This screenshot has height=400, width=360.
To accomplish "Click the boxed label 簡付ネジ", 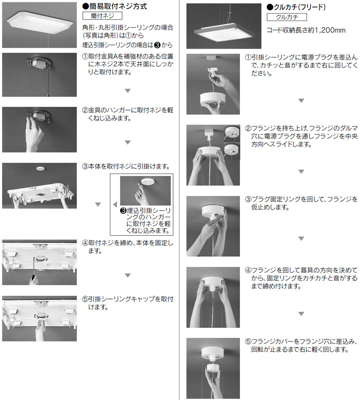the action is pos(102,16).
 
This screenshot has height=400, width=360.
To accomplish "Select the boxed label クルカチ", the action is pos(287,17).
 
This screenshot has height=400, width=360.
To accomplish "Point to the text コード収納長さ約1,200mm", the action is pos(306,30).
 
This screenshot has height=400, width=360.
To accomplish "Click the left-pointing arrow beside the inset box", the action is pos(115,204).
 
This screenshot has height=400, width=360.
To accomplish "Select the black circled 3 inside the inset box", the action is pos(123,211).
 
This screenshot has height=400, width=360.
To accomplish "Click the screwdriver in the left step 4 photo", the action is pos(34,270).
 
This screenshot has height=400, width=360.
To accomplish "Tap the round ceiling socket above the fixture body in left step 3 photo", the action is pos(40,168).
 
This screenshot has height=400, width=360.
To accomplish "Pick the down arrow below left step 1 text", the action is pos(128,91).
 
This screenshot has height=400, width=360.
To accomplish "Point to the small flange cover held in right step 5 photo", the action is pos(213,368).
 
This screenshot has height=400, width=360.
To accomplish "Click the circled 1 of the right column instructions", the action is pos(248,57).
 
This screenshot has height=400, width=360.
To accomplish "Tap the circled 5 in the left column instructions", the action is pos(85,299).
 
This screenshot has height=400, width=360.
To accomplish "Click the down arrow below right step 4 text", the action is pos(302,314).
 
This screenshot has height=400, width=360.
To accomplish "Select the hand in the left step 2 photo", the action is pos(34,134).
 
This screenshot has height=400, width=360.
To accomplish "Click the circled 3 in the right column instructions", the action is pos(248,199).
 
